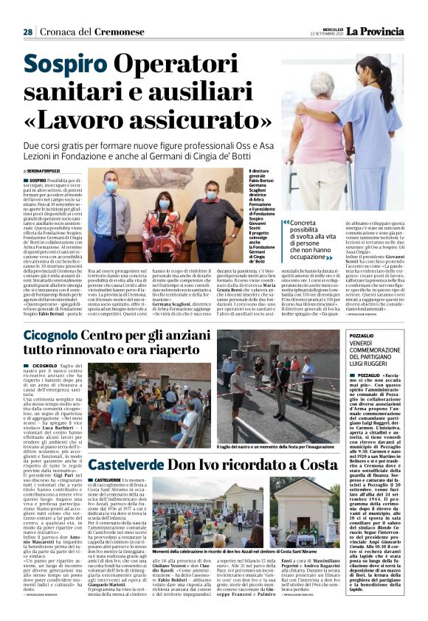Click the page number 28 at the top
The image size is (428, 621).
tap(27, 32)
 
